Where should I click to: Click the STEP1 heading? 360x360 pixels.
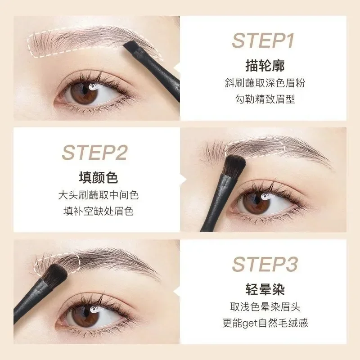(263, 40)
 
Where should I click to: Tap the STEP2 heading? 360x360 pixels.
(94, 153)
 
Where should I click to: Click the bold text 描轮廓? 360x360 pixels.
(263, 66)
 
